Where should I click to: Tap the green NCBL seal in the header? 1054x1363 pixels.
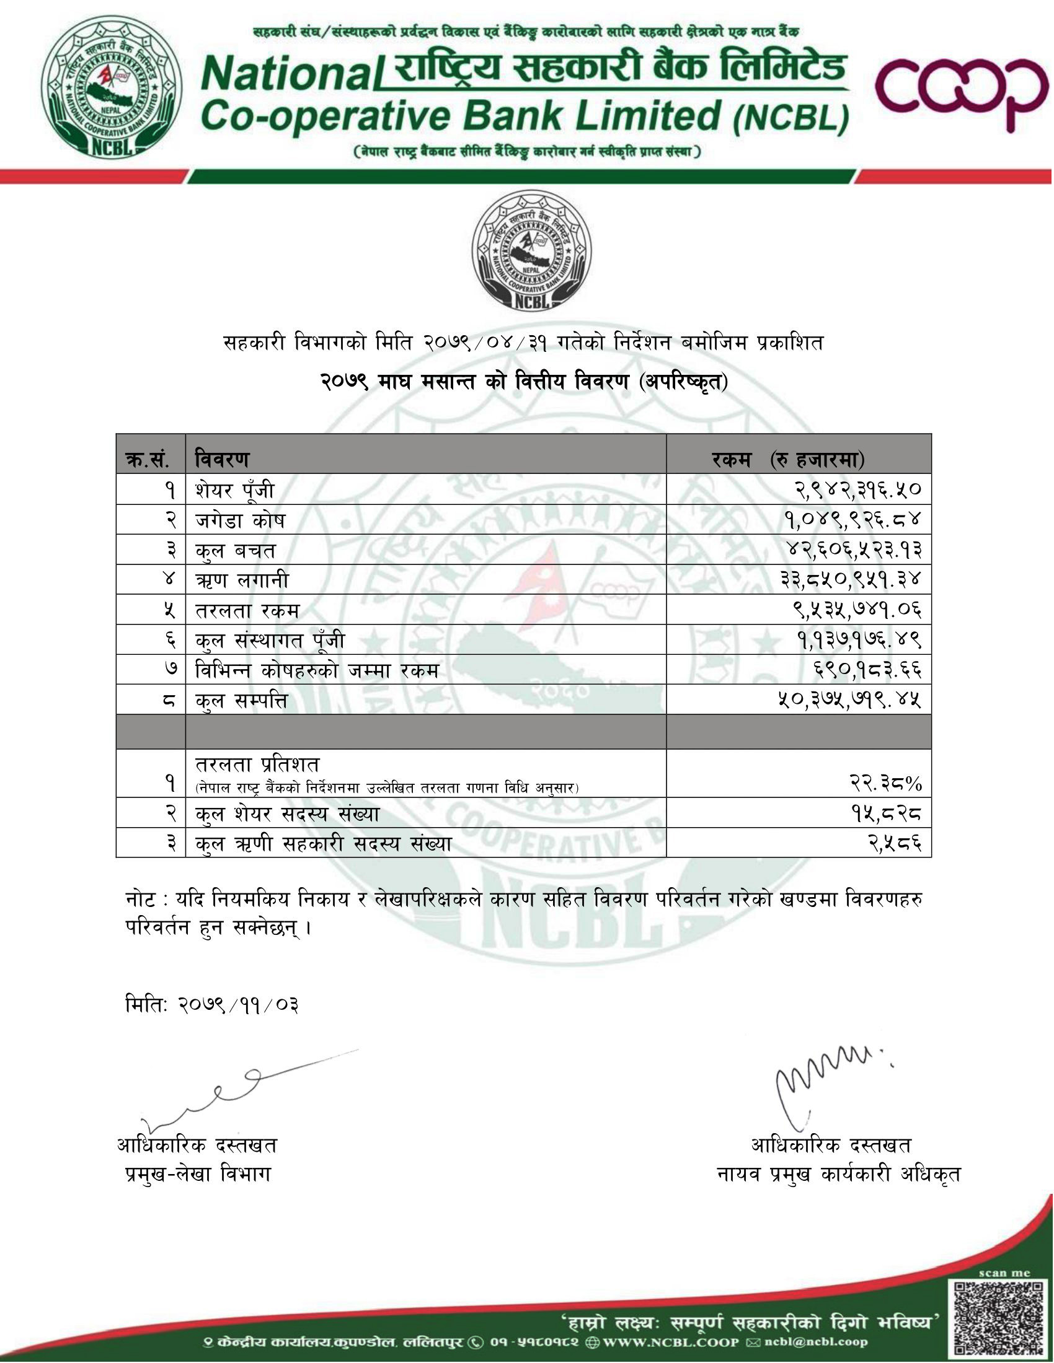(x=112, y=88)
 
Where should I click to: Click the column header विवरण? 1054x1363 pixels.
(x=222, y=460)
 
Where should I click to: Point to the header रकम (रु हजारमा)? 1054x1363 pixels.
(x=788, y=460)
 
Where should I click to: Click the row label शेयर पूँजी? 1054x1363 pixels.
(x=235, y=491)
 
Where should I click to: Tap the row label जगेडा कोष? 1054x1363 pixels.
(x=241, y=520)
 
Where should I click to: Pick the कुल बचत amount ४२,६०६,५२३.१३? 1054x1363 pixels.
(x=853, y=550)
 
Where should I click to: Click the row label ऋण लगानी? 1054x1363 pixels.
(x=242, y=581)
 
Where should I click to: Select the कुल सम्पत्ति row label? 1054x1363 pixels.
(x=241, y=701)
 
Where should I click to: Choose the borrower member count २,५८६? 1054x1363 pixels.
(x=894, y=844)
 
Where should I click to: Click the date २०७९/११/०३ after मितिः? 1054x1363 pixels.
(x=238, y=1006)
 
